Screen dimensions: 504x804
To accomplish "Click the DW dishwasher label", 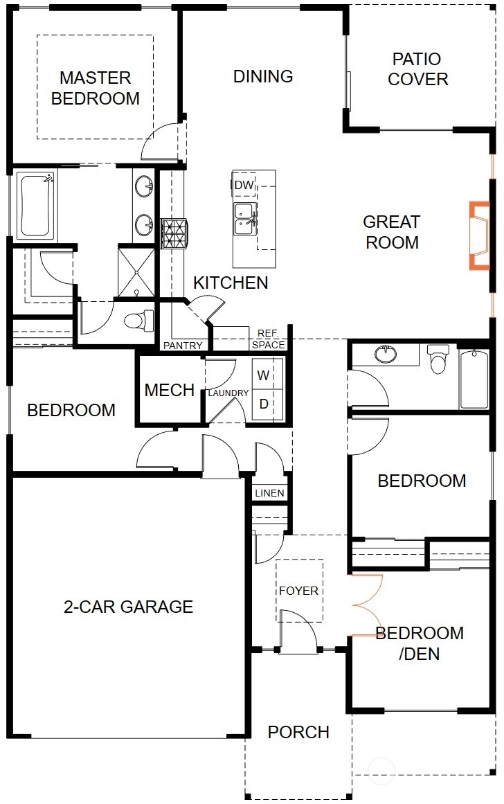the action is pyautogui.click(x=244, y=185).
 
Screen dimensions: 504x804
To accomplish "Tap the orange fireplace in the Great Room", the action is pyautogui.click(x=479, y=235).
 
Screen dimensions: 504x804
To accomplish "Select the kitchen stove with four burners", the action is pyautogui.click(x=174, y=233).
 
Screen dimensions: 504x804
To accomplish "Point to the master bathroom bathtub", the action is pyautogui.click(x=36, y=205).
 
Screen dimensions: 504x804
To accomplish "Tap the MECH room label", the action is pyautogui.click(x=169, y=390).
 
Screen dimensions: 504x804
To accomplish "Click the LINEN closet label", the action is pyautogui.click(x=269, y=493).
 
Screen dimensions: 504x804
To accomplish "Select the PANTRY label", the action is pyautogui.click(x=183, y=346).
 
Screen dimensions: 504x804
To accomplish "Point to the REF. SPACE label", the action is pyautogui.click(x=268, y=339).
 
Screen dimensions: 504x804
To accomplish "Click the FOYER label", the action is pyautogui.click(x=298, y=591).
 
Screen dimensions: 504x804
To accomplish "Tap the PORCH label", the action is pyautogui.click(x=298, y=732).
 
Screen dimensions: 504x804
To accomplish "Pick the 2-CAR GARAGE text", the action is pyautogui.click(x=128, y=607).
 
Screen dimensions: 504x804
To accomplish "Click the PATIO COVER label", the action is pyautogui.click(x=417, y=69).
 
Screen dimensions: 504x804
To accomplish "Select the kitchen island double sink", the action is pyautogui.click(x=244, y=219).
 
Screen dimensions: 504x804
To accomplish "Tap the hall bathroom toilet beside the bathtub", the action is pyautogui.click(x=438, y=359).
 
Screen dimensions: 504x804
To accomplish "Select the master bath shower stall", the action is pyautogui.click(x=136, y=271).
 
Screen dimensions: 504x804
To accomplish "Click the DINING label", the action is pyautogui.click(x=263, y=76).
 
